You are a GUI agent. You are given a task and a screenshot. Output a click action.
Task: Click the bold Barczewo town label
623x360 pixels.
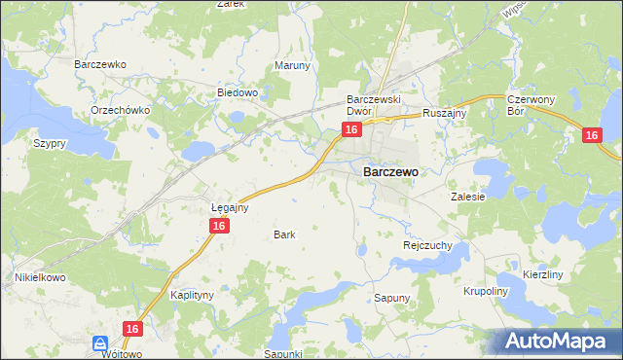(390, 171)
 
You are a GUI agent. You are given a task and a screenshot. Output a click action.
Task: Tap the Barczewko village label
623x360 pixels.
(101, 64)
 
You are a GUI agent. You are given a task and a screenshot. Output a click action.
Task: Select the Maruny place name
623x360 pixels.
(292, 66)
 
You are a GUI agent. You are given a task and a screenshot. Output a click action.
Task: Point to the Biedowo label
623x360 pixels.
(237, 93)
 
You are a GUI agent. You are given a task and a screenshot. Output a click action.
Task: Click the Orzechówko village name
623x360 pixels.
(120, 110)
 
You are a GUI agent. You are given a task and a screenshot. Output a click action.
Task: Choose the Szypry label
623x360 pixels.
(49, 143)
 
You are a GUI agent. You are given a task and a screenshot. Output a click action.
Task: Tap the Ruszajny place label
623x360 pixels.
(446, 114)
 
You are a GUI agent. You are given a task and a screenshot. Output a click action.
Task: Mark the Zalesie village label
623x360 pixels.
(467, 196)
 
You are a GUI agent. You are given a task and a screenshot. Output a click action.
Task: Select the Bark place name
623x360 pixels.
(284, 234)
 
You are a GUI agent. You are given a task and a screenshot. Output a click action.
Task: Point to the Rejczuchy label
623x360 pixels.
(427, 246)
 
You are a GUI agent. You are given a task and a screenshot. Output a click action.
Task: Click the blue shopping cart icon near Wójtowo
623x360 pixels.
(100, 343)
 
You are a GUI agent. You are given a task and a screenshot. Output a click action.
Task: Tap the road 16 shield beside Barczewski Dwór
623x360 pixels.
(352, 129)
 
